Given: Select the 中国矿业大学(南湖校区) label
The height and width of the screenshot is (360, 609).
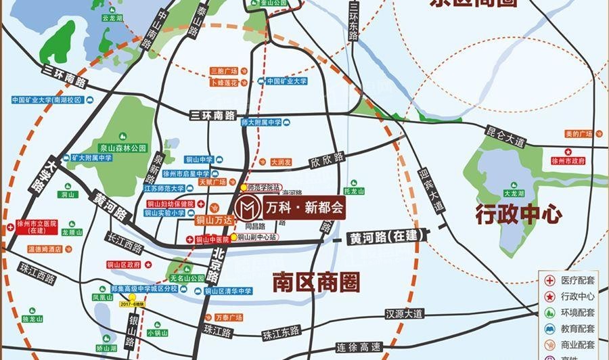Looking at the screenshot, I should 46,99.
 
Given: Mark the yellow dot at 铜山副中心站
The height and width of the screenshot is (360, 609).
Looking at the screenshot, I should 234,238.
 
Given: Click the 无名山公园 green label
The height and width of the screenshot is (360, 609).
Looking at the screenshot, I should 187,277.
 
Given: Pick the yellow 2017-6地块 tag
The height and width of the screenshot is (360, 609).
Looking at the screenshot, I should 133,305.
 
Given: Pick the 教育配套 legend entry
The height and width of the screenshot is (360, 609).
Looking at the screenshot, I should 577,328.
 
